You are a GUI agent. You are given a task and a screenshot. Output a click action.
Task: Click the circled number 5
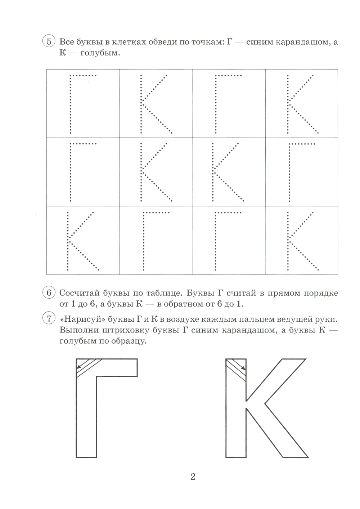(49, 41)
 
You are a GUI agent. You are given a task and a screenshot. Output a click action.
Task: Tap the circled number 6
(49, 293)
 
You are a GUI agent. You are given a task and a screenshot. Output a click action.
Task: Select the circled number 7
(49, 319)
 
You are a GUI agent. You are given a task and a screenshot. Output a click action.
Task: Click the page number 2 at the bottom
(192, 477)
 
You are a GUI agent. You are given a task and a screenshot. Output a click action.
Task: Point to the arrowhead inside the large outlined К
(243, 368)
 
